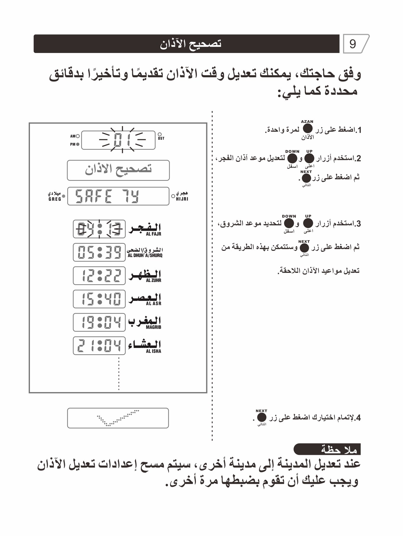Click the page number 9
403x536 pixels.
(x=352, y=44)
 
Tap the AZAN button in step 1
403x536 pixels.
(x=308, y=129)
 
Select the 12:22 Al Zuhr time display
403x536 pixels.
(x=99, y=275)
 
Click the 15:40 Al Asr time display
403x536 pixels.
(x=99, y=299)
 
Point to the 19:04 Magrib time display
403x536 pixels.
(x=99, y=322)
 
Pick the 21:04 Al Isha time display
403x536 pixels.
(x=99, y=346)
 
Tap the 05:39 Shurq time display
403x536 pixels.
(x=99, y=252)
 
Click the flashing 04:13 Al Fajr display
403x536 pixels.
(x=99, y=229)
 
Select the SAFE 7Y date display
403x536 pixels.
(x=118, y=196)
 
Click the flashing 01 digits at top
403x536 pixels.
(x=122, y=140)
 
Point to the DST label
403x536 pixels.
(x=161, y=138)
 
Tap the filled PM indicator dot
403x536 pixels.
(x=78, y=145)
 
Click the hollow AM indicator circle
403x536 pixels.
(x=78, y=136)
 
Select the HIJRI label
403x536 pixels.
(x=182, y=199)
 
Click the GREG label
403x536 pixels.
(x=55, y=199)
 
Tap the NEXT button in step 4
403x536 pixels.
(x=262, y=418)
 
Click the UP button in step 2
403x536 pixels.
(x=309, y=158)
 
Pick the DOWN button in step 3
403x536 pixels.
(x=289, y=223)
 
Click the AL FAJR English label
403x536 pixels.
(x=154, y=234)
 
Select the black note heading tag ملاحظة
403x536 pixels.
(x=327, y=449)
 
